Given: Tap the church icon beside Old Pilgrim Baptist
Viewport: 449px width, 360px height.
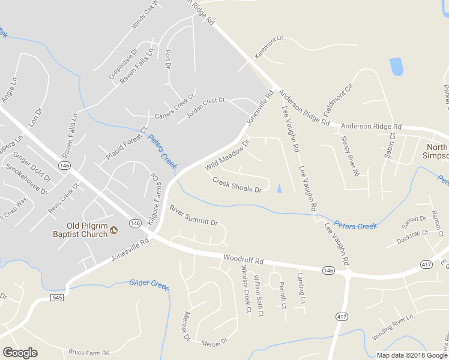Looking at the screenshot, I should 115,230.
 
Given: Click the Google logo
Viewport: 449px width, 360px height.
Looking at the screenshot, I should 20,353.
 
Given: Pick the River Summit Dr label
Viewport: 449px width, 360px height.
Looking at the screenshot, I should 193,215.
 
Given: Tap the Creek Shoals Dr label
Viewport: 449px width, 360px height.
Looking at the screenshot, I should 237,184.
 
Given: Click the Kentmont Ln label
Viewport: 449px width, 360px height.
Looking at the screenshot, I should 269,47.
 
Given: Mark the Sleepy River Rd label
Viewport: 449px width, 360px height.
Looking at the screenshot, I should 350,156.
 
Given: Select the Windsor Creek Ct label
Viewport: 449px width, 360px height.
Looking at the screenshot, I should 245,289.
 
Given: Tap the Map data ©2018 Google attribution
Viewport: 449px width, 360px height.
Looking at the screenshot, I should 412,355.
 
